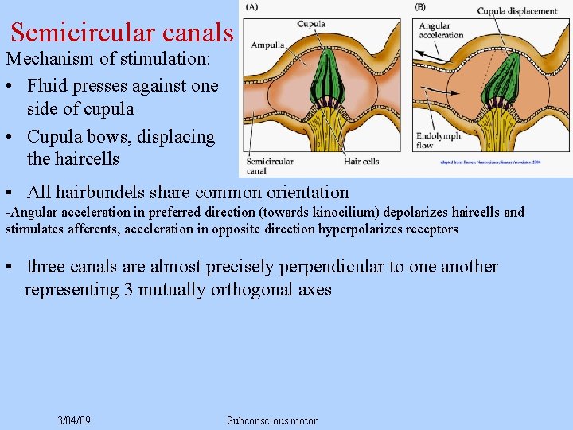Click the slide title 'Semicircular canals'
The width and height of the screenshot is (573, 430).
pyautogui.click(x=122, y=33)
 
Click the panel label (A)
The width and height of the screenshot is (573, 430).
pyautogui.click(x=251, y=7)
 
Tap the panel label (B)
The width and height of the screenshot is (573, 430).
pyautogui.click(x=419, y=7)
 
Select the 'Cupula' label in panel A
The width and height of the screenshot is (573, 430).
pyautogui.click(x=311, y=24)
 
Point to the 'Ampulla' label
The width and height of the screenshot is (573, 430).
pyautogui.click(x=268, y=45)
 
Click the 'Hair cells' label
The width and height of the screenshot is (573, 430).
pyautogui.click(x=361, y=162)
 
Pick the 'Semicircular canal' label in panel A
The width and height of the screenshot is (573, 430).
pyautogui.click(x=268, y=165)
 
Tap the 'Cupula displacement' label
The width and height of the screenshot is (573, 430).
pyautogui.click(x=516, y=10)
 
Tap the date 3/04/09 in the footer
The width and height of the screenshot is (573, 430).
pyautogui.click(x=74, y=420)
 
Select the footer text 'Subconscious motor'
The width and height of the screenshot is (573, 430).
pyautogui.click(x=271, y=420)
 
